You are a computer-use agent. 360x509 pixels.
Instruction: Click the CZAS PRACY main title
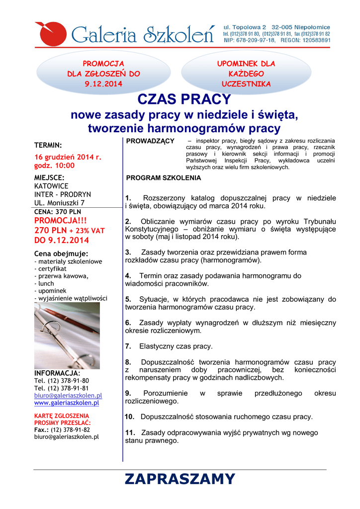tap(180, 100)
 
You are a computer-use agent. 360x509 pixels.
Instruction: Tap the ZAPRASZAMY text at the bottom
tap(180, 479)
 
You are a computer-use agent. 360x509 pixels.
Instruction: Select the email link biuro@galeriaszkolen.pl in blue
tap(68, 395)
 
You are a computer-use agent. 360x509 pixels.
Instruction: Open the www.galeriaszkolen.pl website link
tap(67, 403)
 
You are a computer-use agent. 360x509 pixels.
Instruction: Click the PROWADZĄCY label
tap(150, 142)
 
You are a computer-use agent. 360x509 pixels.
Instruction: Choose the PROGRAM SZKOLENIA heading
tap(164, 177)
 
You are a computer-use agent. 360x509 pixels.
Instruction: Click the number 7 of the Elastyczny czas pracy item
tap(128, 346)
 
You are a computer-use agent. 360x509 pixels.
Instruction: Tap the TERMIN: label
tap(48, 145)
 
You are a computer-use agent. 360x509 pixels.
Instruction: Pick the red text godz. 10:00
tap(54, 166)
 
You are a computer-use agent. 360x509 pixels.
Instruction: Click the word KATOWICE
tap(51, 186)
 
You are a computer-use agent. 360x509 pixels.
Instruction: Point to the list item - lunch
tap(45, 283)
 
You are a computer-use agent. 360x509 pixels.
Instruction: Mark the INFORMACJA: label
tap(57, 373)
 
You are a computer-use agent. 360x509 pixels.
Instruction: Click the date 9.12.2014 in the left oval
tap(103, 84)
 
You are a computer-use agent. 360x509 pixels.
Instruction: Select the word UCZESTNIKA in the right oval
tap(246, 84)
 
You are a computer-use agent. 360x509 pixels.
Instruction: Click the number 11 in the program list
tap(130, 432)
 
